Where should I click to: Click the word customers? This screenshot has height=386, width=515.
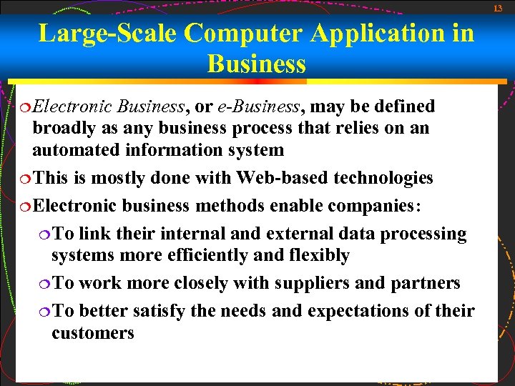pos(93,333)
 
